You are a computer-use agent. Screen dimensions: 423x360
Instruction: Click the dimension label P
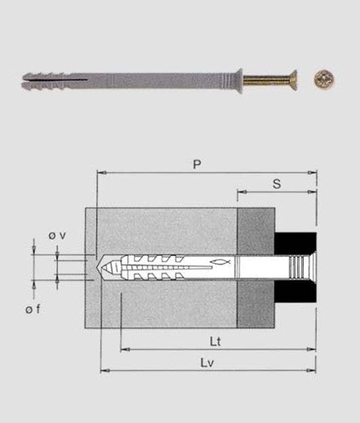coord(196,164)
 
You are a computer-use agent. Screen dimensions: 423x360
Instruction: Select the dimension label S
coord(276,184)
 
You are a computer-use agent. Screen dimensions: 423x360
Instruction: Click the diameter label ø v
coord(56,235)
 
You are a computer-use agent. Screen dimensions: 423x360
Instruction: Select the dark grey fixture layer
coord(255,268)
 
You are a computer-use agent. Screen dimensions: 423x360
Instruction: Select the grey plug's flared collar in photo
coord(238,77)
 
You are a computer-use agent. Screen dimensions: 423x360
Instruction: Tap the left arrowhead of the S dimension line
coord(240,193)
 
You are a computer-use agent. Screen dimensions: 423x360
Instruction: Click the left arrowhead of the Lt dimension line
coord(123,350)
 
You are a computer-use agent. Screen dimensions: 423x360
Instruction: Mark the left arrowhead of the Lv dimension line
coord(103,371)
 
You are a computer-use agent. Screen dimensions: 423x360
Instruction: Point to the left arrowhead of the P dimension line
coord(100,173)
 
